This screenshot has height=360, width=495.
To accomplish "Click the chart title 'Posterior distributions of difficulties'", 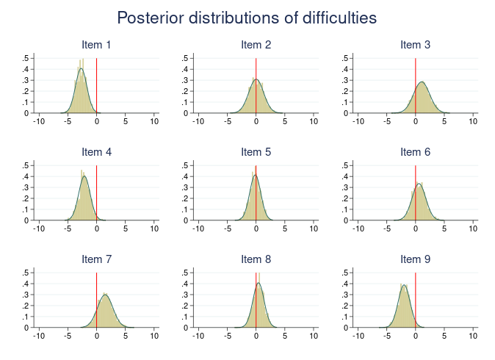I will pyautogui.click(x=247, y=18).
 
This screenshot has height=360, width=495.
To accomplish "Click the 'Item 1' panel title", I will pyautogui.click(x=96, y=45).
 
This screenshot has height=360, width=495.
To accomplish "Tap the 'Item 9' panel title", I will pyautogui.click(x=415, y=259).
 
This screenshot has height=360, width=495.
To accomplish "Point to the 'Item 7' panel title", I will pyautogui.click(x=96, y=259).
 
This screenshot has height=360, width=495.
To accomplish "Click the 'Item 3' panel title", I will pyautogui.click(x=415, y=45).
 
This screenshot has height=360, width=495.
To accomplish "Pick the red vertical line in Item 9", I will pyautogui.click(x=416, y=309).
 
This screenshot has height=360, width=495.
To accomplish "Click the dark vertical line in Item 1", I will pyautogui.click(x=97, y=88).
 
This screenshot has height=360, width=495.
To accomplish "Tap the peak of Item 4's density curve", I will pyautogui.click(x=84, y=176).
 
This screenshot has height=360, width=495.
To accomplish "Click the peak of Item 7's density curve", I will pyautogui.click(x=106, y=295).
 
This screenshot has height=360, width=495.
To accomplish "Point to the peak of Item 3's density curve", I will pyautogui.click(x=422, y=82).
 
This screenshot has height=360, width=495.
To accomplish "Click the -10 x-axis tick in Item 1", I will pyautogui.click(x=39, y=122).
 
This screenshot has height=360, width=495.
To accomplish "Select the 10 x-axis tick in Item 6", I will pyautogui.click(x=474, y=229).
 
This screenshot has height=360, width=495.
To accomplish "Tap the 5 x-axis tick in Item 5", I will pyautogui.click(x=285, y=229).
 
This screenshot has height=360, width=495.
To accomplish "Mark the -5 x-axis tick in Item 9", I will pyautogui.click(x=387, y=336).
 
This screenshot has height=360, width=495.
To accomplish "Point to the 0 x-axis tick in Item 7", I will pyautogui.click(x=97, y=336).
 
